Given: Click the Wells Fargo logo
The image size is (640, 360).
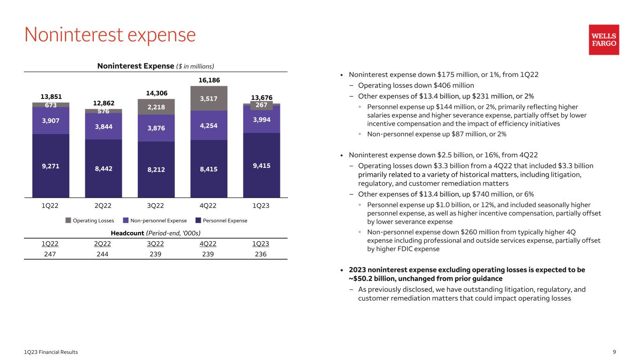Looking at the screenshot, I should point(604,39).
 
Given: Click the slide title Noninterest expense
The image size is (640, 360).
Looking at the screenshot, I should point(110,35).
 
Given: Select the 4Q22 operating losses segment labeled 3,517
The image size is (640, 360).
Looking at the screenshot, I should point(209,98).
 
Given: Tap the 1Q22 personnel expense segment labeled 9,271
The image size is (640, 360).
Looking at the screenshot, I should point(51,165).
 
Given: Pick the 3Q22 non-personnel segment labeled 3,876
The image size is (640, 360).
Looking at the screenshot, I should point(156,128).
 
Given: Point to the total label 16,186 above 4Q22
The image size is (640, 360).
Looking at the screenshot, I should point(209,80).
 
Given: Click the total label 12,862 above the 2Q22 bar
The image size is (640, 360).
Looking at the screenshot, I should point(103,103).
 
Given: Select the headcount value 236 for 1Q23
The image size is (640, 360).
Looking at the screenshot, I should point(261,254).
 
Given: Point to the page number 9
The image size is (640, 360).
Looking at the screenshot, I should point(614,352).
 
